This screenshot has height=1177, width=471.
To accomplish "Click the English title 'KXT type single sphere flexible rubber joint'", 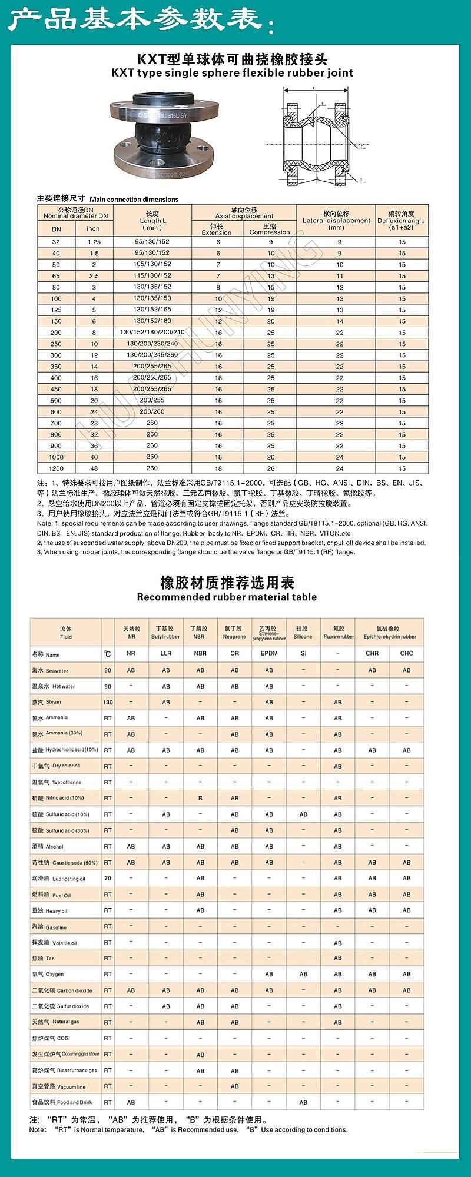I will coord(233,73).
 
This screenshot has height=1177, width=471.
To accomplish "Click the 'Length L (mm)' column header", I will coord(152,221).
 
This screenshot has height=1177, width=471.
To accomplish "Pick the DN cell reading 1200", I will coord(56,468).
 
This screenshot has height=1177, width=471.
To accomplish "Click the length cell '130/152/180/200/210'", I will coord(152,333).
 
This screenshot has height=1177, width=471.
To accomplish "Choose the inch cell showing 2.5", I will coord(94,276).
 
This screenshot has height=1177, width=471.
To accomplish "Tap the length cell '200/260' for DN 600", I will coord(152,411).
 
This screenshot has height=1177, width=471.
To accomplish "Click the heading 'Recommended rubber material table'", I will coord(227,597).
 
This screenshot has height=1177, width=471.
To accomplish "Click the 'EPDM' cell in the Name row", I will coord(269,653).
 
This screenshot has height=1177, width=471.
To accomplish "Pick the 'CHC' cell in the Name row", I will coord(406,653).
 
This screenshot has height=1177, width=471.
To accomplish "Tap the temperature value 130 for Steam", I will coord(108,702).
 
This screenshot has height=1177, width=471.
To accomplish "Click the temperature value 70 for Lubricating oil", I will coord(108,878).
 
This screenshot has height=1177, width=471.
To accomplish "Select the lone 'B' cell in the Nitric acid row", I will coord(200,799).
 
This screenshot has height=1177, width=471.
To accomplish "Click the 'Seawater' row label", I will coord(51,671).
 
